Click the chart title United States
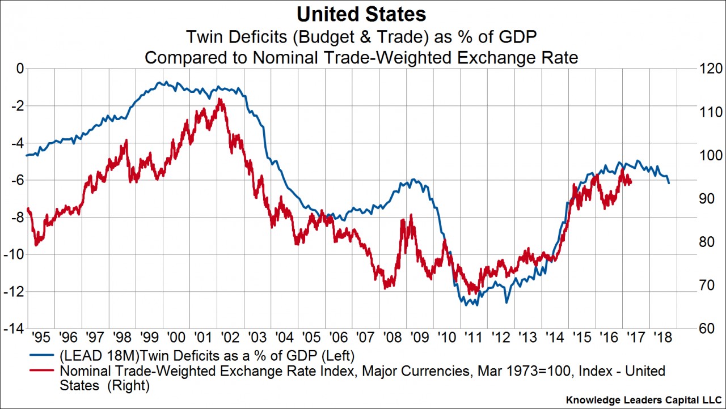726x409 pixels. (x=363, y=14)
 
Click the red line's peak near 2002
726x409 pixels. (x=220, y=99)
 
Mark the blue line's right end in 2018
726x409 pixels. (x=669, y=183)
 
